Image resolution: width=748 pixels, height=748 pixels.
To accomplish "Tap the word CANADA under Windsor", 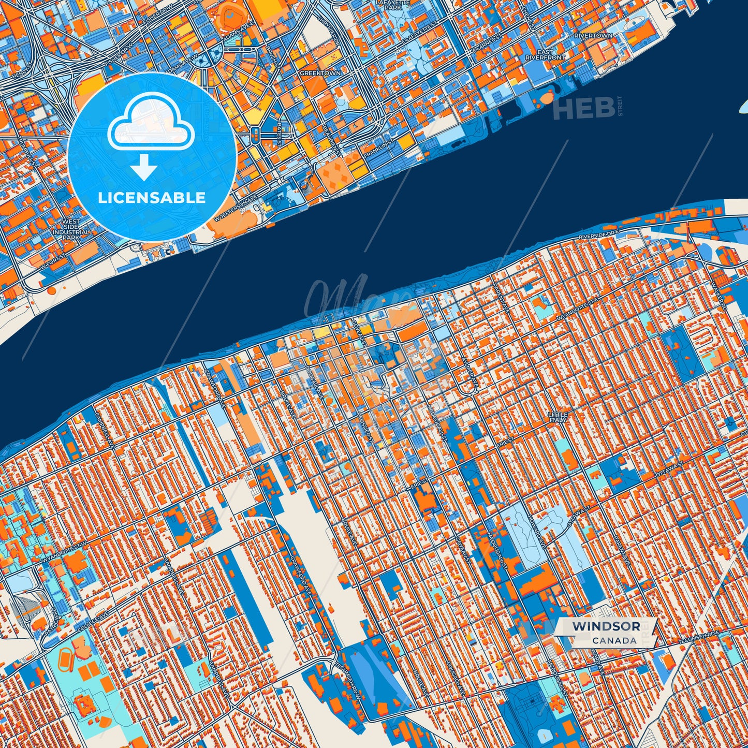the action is tap(614, 640).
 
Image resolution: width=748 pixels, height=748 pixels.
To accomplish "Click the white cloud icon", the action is tap(151, 123).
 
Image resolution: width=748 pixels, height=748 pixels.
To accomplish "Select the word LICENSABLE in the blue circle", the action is tap(152, 198).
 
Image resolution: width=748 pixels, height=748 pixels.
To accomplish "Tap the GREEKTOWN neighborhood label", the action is tap(320, 73).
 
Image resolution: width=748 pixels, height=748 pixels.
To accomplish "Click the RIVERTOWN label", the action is tap(593, 36).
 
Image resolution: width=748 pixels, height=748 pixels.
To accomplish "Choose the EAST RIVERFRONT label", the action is tap(545, 55).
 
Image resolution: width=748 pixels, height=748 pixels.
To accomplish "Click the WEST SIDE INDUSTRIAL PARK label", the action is tap(71, 229).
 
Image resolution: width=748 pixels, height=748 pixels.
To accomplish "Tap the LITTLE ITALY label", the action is tap(558, 417).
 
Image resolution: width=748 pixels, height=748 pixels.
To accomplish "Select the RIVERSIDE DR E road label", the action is tap(598, 235).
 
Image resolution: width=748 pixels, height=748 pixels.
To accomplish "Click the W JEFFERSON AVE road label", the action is tap(236, 208).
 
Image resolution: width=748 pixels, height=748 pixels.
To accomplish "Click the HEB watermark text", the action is tap(584, 108).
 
